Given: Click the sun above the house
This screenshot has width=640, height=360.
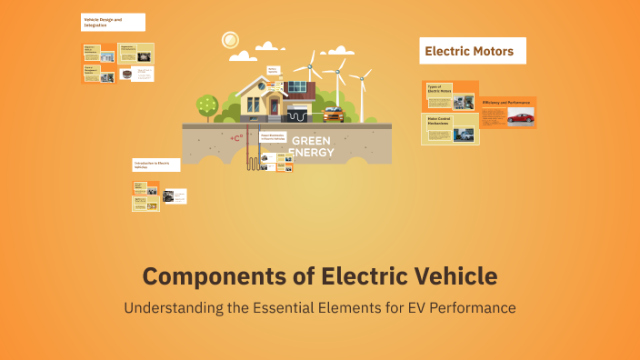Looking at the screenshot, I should pyautogui.click(x=229, y=40).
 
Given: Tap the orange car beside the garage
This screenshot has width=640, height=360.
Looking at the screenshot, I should pyautogui.click(x=333, y=115).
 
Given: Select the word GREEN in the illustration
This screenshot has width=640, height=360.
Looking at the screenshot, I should pyautogui.click(x=311, y=141).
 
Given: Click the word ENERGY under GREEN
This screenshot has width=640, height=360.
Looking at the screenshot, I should pyautogui.click(x=311, y=152).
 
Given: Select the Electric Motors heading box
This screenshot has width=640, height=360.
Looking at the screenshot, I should pyautogui.click(x=474, y=51).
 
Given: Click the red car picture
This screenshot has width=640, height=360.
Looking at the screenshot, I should pyautogui.click(x=520, y=117).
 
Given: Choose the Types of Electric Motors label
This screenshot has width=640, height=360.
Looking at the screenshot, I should pyautogui.click(x=440, y=89).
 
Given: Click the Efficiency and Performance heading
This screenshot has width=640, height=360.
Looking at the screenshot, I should pyautogui.click(x=507, y=102).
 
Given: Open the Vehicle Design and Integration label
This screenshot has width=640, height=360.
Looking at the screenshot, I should pyautogui.click(x=102, y=21).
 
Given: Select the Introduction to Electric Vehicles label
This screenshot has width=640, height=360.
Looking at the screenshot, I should pyautogui.click(x=152, y=165).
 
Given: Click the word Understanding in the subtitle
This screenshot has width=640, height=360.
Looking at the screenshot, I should pyautogui.click(x=174, y=307).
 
